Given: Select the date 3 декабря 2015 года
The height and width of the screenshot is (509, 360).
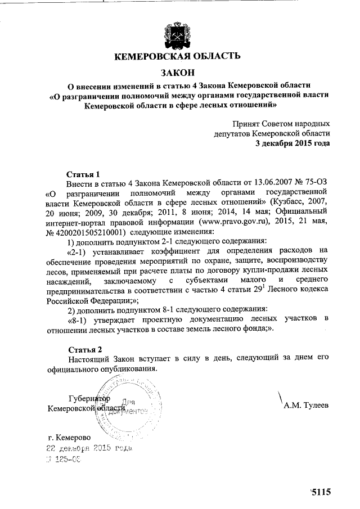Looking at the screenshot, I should [x=292, y=143].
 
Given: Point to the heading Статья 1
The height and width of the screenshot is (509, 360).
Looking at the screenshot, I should [x=83, y=174].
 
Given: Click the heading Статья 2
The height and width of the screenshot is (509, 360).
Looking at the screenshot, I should [x=83, y=349].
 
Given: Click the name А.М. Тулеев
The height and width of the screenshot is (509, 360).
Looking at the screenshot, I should [x=307, y=404].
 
